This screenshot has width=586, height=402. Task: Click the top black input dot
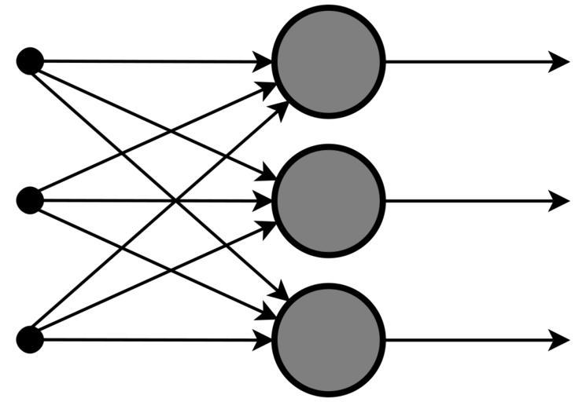tap(30, 61)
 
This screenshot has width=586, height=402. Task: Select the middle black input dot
tap(30, 201)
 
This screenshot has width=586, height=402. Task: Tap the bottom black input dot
tap(30, 340)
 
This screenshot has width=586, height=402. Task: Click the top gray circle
tap(328, 61)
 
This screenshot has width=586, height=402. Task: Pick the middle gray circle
tap(328, 201)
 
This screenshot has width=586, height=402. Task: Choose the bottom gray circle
tap(328, 340)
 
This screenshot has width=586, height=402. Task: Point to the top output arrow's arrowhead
tap(559, 61)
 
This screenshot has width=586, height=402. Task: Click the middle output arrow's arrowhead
tap(559, 201)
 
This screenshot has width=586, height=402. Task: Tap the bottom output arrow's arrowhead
tap(559, 340)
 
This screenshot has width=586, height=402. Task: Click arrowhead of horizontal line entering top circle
tap(263, 61)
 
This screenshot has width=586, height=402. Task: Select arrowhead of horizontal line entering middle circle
tap(263, 201)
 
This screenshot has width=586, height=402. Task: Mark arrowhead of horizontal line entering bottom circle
tap(263, 340)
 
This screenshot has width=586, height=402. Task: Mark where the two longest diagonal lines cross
tap(175, 201)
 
